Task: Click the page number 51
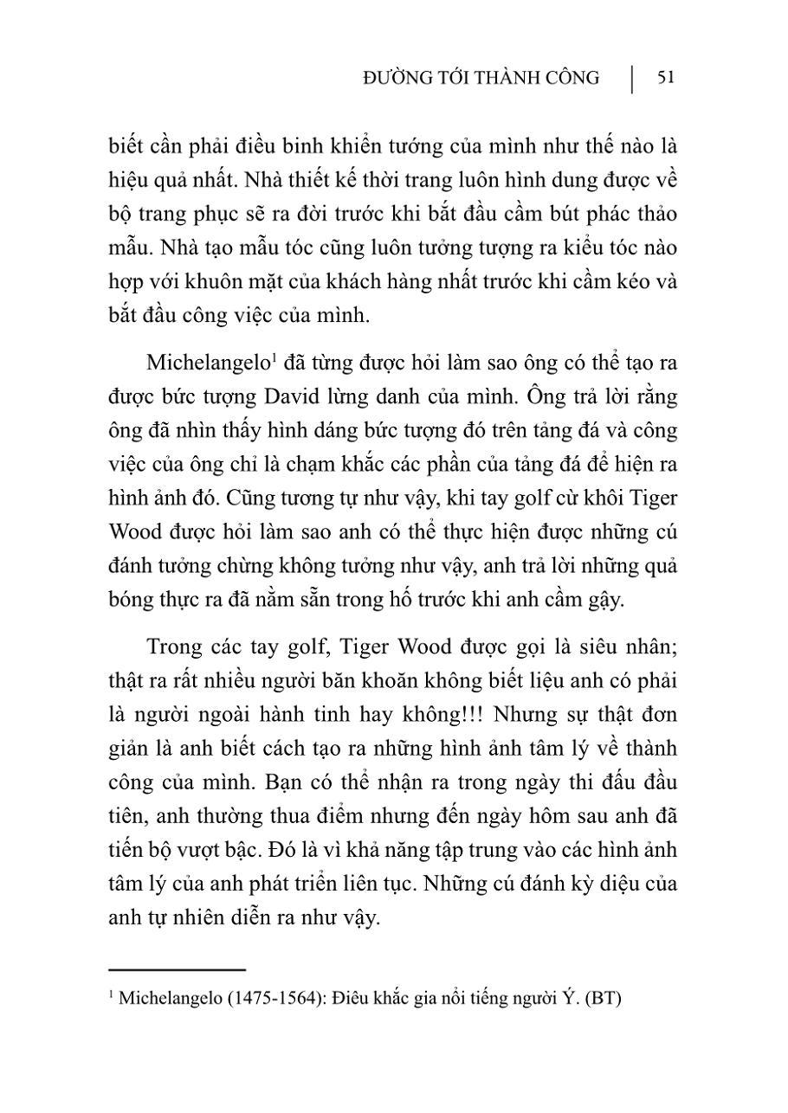[x=666, y=78]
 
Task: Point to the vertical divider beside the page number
[x=631, y=79]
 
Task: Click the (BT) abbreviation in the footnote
[x=603, y=998]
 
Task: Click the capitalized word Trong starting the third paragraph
[x=175, y=648]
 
